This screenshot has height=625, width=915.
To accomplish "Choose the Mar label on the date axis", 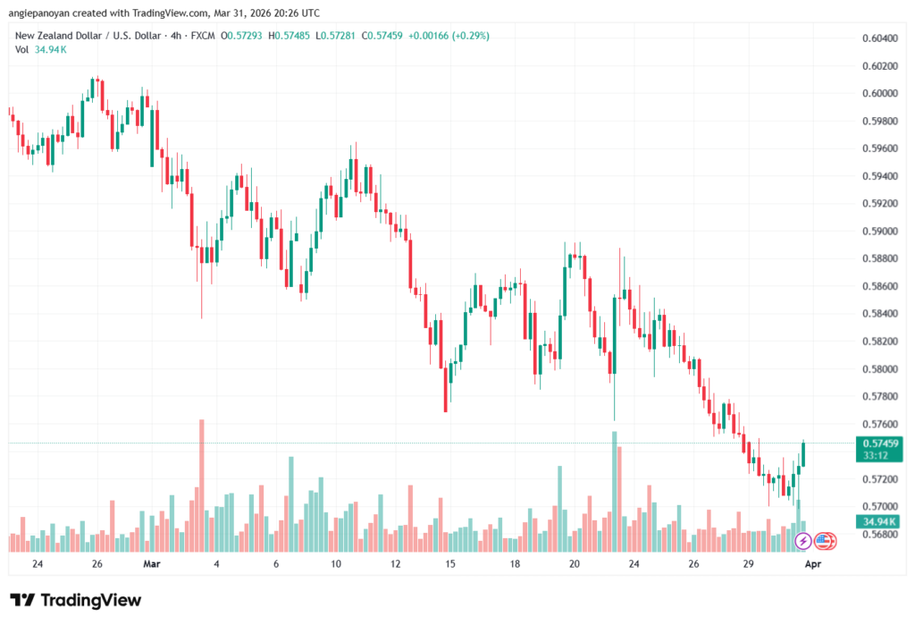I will (152, 564).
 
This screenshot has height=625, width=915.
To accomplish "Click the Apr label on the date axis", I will (814, 564).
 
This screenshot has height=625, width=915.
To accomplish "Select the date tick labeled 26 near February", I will (97, 564).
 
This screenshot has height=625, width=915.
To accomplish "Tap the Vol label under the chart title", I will (22, 49).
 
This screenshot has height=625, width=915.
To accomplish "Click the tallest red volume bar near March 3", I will (201, 483).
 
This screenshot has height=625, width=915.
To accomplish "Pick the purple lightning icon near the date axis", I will (802, 540).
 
